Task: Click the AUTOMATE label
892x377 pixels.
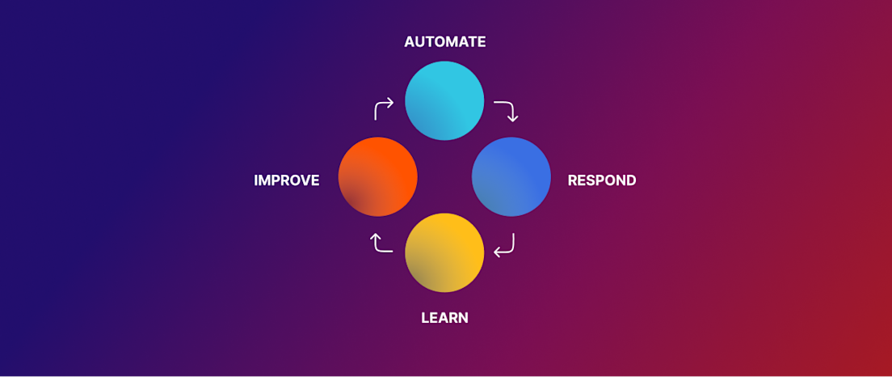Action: pyautogui.click(x=445, y=42)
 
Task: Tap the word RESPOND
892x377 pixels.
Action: pyautogui.click(x=602, y=180)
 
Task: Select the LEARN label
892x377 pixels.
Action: pyautogui.click(x=445, y=318)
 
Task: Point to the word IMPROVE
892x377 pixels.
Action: pyautogui.click(x=287, y=180)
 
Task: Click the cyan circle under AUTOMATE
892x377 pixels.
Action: pyautogui.click(x=444, y=100)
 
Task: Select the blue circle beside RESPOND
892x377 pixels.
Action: pyautogui.click(x=511, y=176)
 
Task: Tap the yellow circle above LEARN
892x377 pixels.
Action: pyautogui.click(x=444, y=252)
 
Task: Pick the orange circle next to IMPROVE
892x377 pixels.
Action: pyautogui.click(x=378, y=176)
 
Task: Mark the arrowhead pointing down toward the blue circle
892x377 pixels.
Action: pyautogui.click(x=512, y=118)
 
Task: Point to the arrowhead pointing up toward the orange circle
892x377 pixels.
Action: pyautogui.click(x=376, y=236)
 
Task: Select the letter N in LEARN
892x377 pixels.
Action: pyautogui.click(x=463, y=318)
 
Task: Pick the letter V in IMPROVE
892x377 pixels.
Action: pyautogui.click(x=303, y=180)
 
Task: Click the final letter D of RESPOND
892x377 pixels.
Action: pyautogui.click(x=631, y=180)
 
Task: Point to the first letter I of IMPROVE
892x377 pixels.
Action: pyautogui.click(x=255, y=180)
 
